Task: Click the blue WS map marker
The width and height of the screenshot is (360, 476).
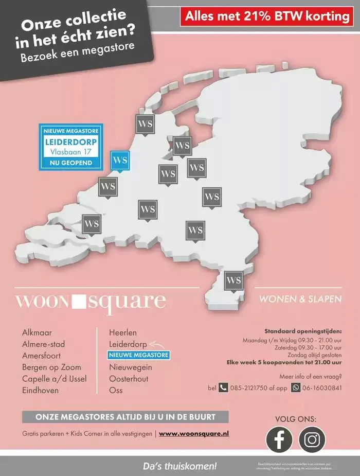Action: (121, 161)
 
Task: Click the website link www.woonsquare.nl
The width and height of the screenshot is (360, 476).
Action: (194, 434)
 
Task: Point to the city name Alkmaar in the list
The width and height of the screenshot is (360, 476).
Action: (37, 333)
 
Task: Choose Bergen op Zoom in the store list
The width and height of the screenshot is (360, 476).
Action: (51, 367)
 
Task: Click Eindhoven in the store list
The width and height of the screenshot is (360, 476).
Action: (40, 391)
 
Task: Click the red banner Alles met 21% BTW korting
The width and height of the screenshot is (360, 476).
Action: (267, 16)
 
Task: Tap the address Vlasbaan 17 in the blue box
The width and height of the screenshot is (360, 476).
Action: (71, 152)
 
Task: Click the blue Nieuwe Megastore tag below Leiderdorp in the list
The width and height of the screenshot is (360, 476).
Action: (138, 355)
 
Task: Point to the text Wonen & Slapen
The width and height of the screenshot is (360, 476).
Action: (300, 299)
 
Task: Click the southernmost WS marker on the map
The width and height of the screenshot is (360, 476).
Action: (233, 281)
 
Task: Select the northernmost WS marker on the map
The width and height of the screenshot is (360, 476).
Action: (145, 124)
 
